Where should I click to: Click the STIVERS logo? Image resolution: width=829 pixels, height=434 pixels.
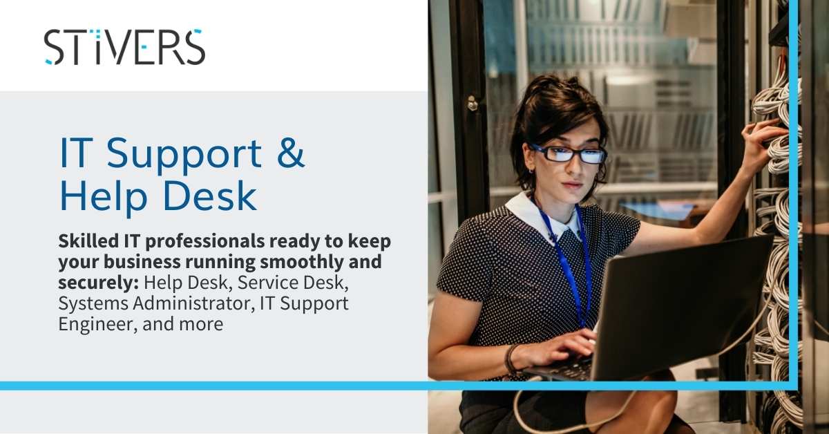124,47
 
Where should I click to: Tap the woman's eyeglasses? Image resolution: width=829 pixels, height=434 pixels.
568,153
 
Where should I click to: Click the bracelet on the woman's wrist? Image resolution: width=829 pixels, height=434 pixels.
511,359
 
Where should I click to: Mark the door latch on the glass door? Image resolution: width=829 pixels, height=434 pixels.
473,104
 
